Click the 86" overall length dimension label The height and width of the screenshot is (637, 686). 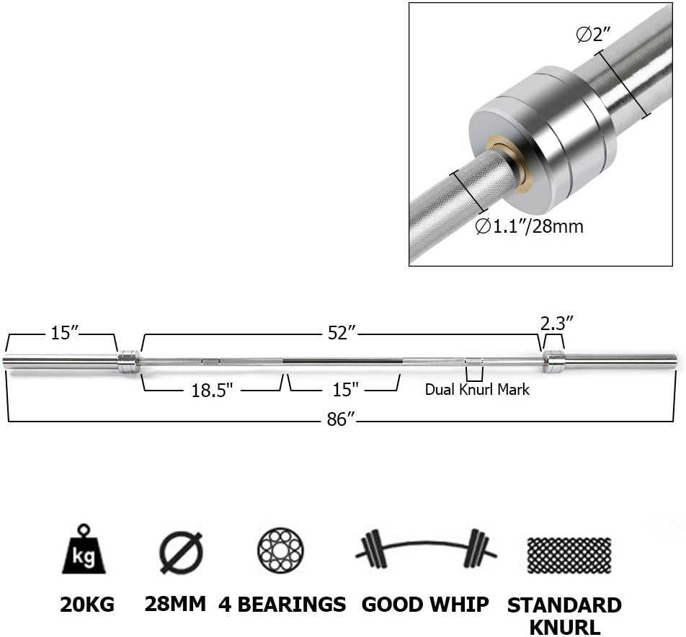337,419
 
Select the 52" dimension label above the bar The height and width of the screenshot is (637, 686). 342,334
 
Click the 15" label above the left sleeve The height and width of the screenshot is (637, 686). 63,334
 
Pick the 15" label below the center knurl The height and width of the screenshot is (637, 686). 345,389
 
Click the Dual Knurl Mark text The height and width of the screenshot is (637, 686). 476,389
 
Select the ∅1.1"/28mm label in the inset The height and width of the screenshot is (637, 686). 529,226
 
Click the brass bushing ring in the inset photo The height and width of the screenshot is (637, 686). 509,165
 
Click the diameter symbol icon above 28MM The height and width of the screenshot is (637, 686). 180,552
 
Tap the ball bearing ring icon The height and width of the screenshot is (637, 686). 280,551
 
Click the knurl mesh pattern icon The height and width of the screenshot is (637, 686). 569,554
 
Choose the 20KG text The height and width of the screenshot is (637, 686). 86,604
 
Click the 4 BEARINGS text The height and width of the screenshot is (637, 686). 282,604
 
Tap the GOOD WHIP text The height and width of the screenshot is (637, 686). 425,604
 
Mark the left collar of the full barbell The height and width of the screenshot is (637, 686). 129,361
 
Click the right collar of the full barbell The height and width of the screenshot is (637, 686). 553,361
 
